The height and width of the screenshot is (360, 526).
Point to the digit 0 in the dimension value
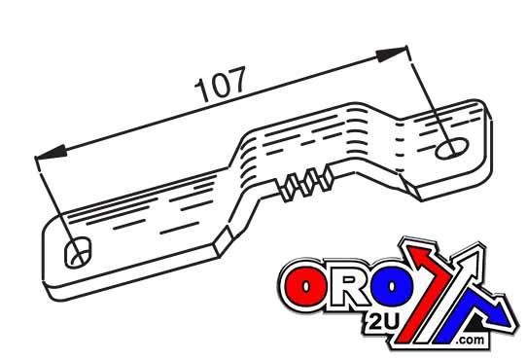pos(221,87)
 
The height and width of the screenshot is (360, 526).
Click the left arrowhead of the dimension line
pos(51,153)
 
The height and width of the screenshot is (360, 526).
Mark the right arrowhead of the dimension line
pos(394,50)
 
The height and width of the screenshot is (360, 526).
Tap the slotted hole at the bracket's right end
pos(453,147)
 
